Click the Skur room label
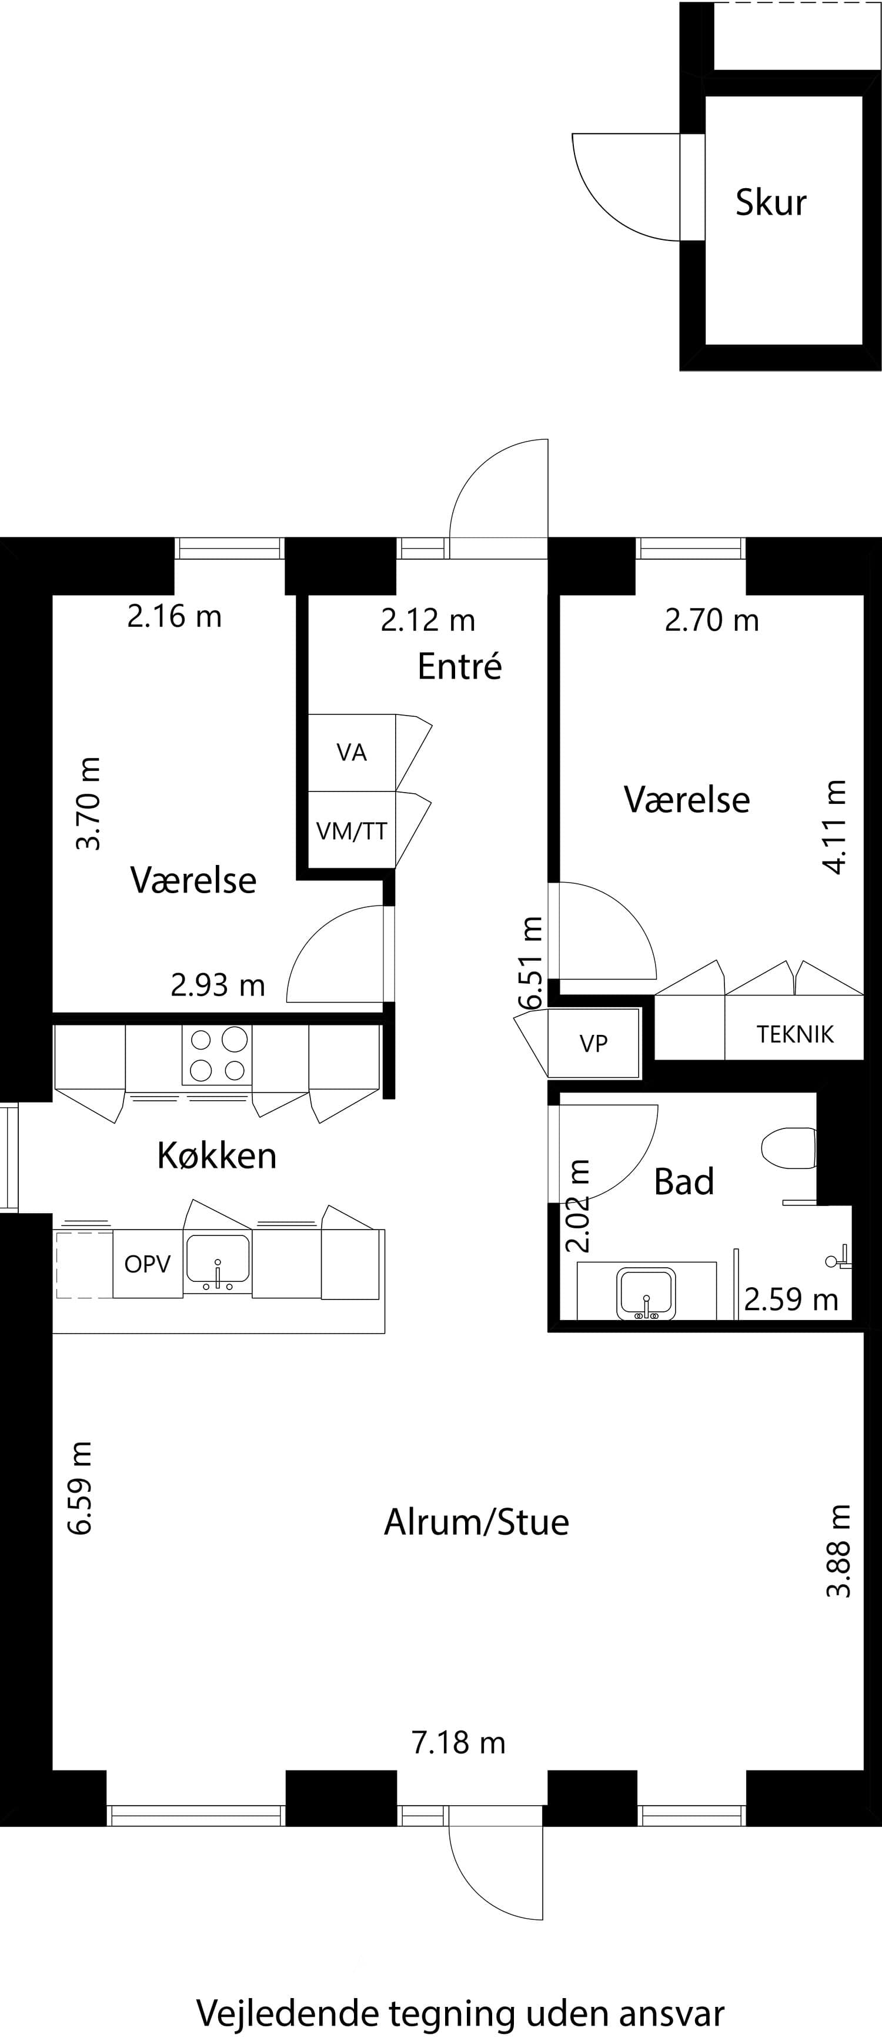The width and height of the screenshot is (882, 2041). point(770,203)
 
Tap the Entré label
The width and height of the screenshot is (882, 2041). point(460,666)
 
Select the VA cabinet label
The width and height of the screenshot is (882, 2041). point(352,752)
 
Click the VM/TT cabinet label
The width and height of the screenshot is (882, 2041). point(351,831)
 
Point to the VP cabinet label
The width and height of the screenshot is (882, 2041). point(593,1044)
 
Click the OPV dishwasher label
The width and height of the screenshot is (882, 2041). point(148,1264)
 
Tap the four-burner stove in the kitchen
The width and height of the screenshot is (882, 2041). point(217,1054)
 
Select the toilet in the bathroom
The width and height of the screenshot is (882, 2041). point(789,1148)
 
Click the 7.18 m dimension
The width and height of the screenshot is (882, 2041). point(458,1742)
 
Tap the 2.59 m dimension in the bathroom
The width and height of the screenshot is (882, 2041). point(791,1300)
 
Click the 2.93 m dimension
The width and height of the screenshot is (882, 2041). point(218,985)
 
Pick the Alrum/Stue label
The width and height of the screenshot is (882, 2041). point(476,1522)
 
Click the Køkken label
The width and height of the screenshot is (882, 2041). point(217,1156)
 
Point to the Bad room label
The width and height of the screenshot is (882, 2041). point(684,1181)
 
